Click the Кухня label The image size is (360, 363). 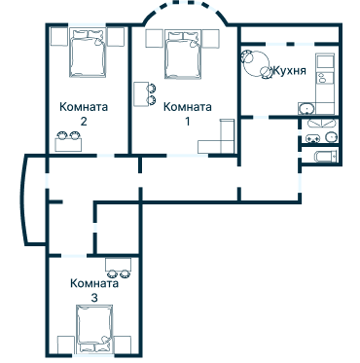(291, 71)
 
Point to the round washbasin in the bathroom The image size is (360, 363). (332, 138)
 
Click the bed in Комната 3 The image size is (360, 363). (95, 327)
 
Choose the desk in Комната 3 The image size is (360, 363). (119, 265)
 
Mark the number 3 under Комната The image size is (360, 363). (93, 298)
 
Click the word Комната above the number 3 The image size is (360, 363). (94, 283)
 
